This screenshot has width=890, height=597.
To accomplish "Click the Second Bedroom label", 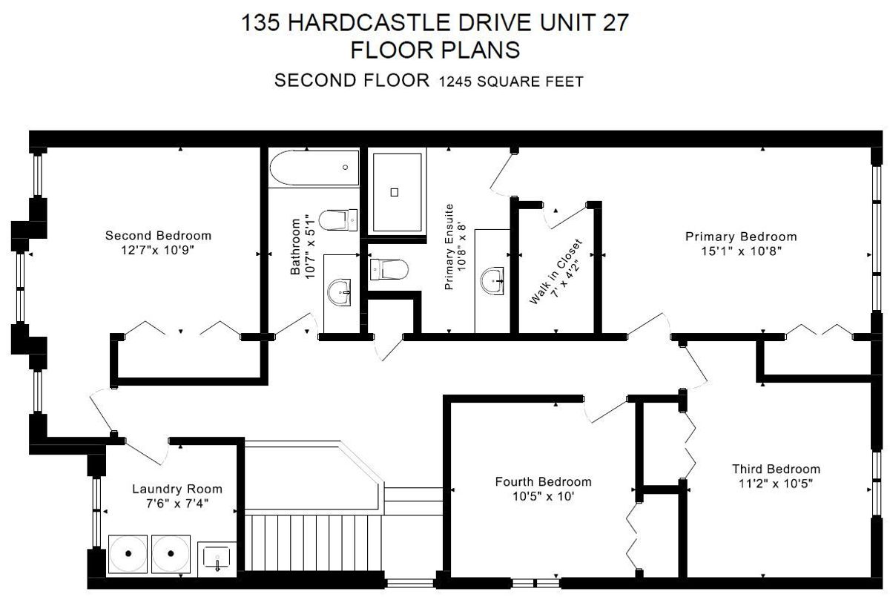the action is (x=158, y=236).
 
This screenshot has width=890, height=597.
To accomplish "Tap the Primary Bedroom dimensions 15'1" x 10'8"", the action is (x=742, y=251).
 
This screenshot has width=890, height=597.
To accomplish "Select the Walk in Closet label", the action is (x=556, y=271).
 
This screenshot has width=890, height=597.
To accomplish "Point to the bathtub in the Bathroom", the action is (x=314, y=168).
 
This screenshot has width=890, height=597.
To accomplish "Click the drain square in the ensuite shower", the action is (x=394, y=192).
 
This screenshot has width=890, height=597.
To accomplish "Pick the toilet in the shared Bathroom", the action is (x=337, y=220).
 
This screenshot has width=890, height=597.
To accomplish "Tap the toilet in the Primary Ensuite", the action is (x=389, y=269).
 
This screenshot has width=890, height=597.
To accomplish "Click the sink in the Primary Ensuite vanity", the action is (x=492, y=281).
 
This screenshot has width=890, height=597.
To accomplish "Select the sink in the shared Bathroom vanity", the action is (x=340, y=292).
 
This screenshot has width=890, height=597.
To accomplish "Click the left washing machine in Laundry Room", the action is (x=128, y=554).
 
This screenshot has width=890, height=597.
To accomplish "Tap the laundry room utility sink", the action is (x=217, y=558).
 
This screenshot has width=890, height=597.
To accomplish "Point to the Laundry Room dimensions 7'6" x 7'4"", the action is (x=177, y=504).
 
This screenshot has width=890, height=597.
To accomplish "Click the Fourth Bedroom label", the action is (x=543, y=482).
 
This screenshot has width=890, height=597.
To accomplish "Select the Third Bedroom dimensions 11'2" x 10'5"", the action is (x=776, y=484).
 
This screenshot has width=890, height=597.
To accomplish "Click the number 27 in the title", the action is (x=616, y=22).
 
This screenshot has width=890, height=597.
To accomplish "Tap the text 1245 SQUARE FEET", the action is (x=511, y=82).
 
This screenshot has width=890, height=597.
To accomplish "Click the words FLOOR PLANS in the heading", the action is (x=435, y=50).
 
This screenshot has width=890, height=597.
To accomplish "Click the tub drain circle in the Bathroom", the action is (x=346, y=167).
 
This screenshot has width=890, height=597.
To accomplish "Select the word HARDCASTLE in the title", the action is (x=369, y=22).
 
